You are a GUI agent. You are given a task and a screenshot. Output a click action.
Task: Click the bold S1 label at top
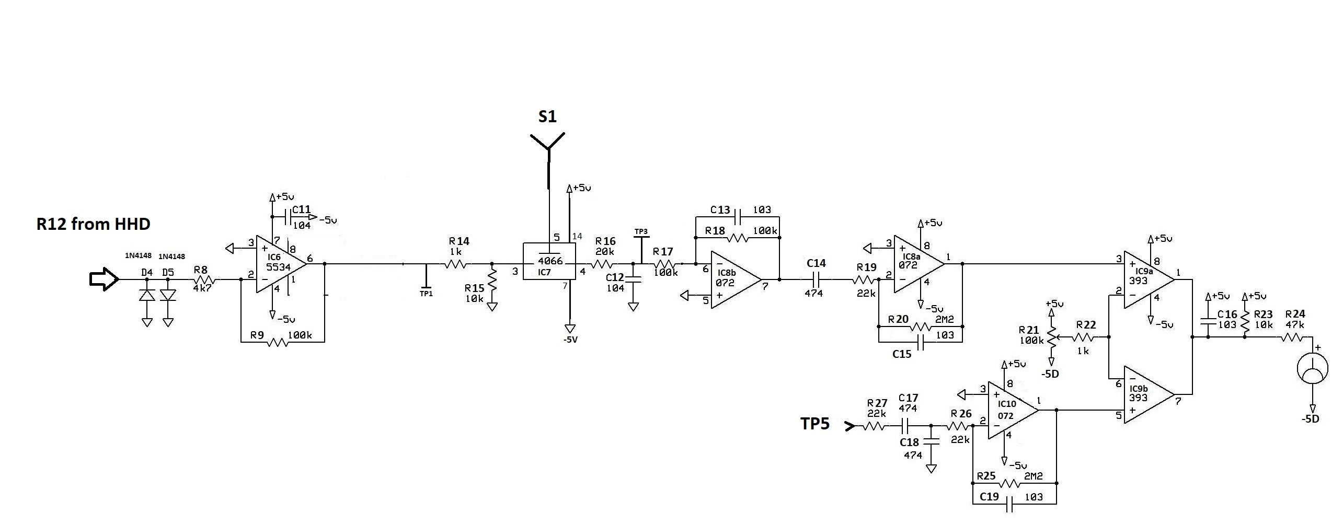547,116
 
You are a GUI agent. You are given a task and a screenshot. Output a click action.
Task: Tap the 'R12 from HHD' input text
94,224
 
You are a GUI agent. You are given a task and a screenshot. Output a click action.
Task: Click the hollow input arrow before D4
104,279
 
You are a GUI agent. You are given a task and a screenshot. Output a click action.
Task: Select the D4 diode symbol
147,295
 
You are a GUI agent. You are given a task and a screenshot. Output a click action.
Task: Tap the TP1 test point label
426,294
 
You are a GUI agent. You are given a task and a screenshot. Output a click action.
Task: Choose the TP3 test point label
641,231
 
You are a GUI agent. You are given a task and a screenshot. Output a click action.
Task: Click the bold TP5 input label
815,424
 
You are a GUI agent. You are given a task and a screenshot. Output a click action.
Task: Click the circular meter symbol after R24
1312,369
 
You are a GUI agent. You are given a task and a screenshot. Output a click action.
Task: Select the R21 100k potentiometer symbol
1051,337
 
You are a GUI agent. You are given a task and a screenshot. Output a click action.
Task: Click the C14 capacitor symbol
816,279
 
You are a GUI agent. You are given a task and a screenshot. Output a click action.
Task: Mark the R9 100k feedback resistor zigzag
278,342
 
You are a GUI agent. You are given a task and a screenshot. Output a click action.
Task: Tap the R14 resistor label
459,241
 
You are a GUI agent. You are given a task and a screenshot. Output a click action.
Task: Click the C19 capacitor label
989,497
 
